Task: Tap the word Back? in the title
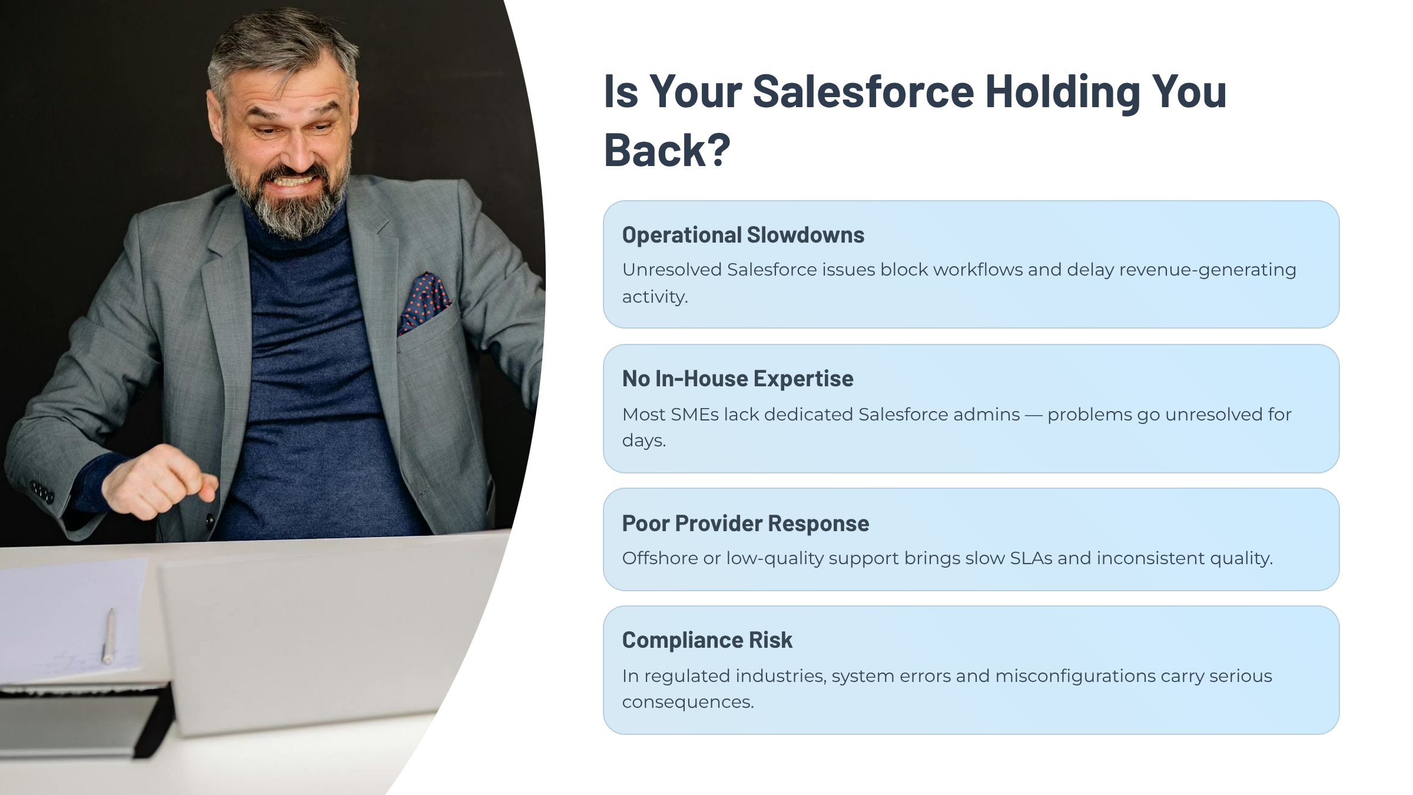[x=667, y=150]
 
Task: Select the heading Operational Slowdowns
[x=743, y=235]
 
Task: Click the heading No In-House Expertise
[x=738, y=379]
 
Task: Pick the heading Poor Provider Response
[x=745, y=524]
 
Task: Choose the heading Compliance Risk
[x=707, y=640]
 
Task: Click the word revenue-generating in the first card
[x=1208, y=270]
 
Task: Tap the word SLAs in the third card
[x=1031, y=558]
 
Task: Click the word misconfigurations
[x=1076, y=677]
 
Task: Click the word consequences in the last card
[x=688, y=702]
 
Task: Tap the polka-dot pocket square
[x=424, y=302]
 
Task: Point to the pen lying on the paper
[x=109, y=637]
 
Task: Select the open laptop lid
[x=330, y=630]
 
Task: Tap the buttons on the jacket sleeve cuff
[x=42, y=491]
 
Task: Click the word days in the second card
[x=644, y=441]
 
